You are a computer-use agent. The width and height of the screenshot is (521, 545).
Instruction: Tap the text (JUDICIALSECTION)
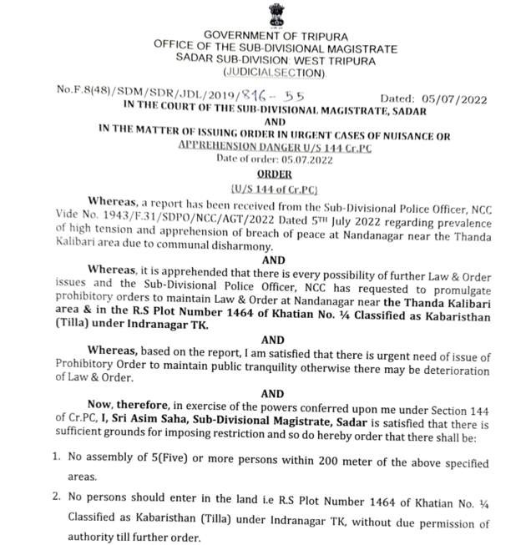[276, 71]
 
